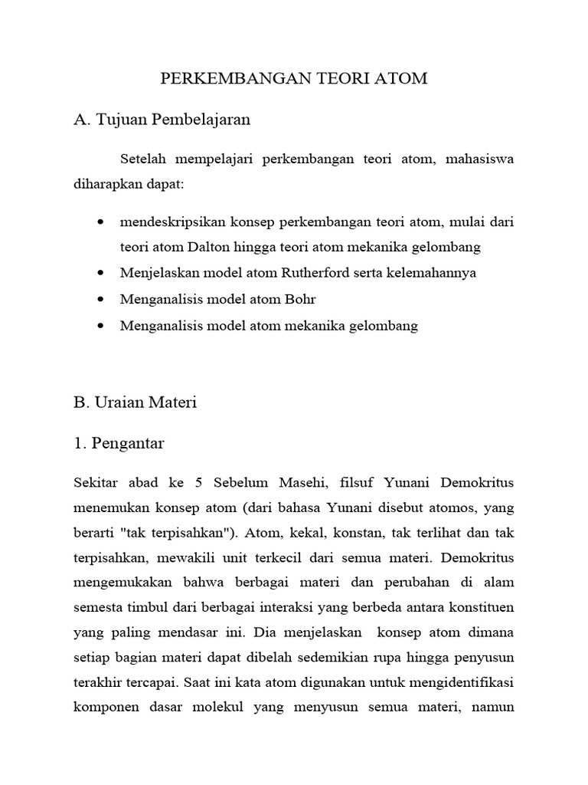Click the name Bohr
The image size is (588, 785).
point(300,299)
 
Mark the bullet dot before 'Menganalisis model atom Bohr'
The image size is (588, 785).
point(103,300)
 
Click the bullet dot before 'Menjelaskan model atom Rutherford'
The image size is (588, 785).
point(103,273)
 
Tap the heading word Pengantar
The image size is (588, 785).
point(128,443)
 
